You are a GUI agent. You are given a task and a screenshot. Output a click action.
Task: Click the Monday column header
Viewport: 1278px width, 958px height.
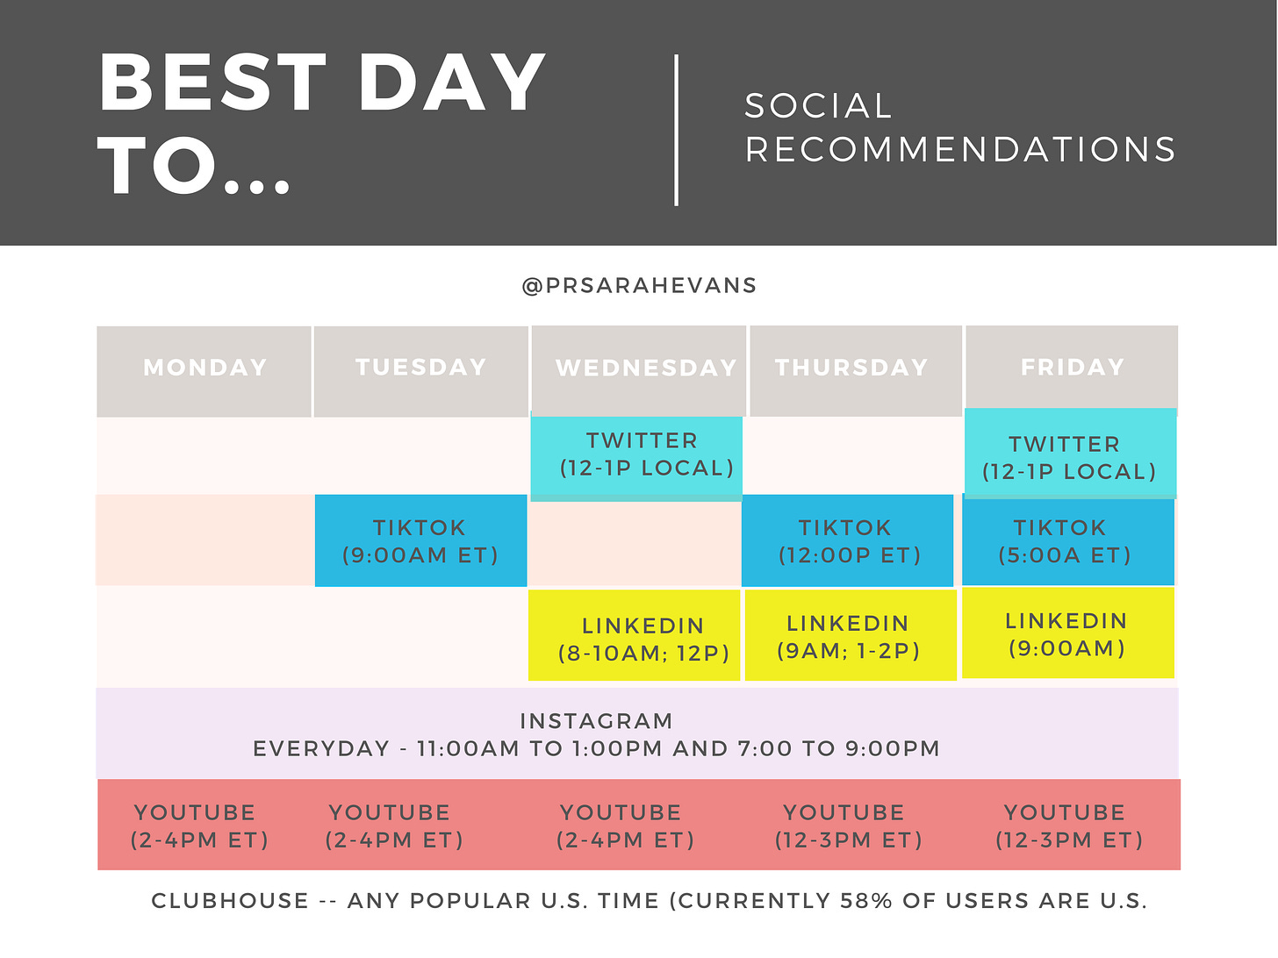204,371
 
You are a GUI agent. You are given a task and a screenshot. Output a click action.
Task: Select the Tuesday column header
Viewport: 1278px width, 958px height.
421,371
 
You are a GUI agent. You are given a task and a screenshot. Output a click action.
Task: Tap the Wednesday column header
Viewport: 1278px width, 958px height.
639,370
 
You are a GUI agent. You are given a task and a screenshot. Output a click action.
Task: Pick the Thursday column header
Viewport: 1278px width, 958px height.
855,370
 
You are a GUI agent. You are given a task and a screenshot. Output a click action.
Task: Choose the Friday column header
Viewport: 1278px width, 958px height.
1072,367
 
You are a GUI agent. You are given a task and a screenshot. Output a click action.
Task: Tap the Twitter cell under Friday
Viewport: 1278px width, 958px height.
1070,453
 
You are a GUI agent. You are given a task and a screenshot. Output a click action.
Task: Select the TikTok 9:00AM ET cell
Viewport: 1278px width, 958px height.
421,540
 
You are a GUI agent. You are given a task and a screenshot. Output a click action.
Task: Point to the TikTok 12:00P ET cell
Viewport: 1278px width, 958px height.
847,540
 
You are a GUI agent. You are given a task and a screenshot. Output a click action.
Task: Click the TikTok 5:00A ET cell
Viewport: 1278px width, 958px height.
1068,540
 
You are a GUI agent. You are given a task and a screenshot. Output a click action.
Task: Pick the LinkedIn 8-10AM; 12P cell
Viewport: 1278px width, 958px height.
634,635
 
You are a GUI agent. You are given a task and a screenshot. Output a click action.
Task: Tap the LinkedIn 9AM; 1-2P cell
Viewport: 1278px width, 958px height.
851,635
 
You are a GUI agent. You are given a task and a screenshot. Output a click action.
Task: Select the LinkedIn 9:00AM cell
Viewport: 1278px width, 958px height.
1068,633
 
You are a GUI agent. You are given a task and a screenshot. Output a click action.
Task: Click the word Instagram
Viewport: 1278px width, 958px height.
596,721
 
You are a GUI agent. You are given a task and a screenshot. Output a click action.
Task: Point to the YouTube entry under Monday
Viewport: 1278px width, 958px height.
199,826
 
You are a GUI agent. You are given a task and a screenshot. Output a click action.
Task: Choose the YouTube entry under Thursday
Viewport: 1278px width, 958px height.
848,826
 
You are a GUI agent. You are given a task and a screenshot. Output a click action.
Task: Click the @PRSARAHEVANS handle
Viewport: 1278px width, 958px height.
639,286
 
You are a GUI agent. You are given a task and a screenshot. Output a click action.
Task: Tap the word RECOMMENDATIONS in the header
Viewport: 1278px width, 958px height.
960,149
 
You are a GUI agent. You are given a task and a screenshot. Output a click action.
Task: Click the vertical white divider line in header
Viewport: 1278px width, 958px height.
676,131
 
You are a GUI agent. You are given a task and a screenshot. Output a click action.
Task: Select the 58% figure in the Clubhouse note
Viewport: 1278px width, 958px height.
866,900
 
